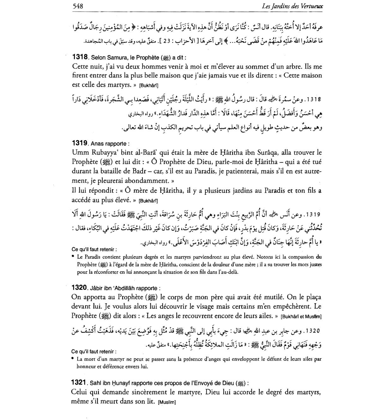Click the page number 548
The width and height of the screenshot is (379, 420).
[78, 6]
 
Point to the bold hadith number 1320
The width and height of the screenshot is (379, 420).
[79, 287]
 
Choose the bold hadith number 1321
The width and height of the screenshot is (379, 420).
[79, 383]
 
